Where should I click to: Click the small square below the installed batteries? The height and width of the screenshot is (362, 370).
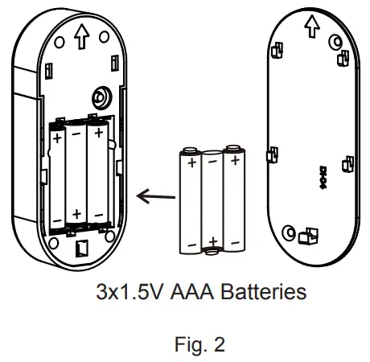pos(80,249)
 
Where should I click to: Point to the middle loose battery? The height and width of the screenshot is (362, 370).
pos(212,201)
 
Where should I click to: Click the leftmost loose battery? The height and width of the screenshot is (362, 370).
pos(191,201)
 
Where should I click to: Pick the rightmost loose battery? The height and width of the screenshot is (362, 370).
pos(234,201)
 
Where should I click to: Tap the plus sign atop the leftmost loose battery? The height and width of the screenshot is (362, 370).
pos(191,162)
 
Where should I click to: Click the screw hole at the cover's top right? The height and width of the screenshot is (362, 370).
pos(332,41)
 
